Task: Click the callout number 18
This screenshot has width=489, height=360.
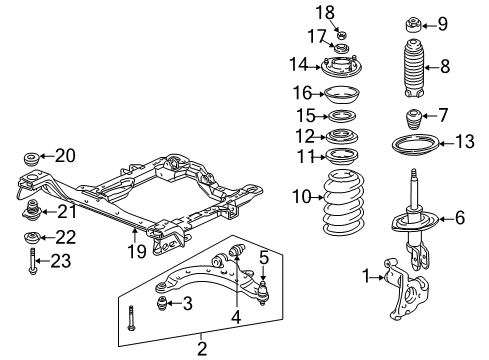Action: point(325,13)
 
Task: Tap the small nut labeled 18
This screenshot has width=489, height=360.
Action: point(342,34)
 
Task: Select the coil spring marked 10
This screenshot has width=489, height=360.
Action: point(344,202)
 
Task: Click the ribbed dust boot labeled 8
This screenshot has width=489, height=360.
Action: point(413,68)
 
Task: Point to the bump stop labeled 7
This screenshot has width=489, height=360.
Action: point(414,121)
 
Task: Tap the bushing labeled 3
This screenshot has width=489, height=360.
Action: point(162,303)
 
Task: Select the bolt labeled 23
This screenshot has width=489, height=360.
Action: point(32,261)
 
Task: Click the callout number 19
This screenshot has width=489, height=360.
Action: point(137,251)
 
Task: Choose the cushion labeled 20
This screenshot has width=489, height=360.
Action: point(32,158)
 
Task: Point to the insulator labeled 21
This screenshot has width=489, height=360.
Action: point(32,210)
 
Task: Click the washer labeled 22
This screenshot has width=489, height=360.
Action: point(32,238)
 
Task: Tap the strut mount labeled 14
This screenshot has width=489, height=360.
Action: point(341,67)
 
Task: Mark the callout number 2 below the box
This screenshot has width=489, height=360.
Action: point(202,349)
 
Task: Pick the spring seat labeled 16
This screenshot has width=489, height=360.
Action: point(342,95)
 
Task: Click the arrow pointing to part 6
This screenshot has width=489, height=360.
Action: point(446,219)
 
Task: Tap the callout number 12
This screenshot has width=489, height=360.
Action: point(305,136)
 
